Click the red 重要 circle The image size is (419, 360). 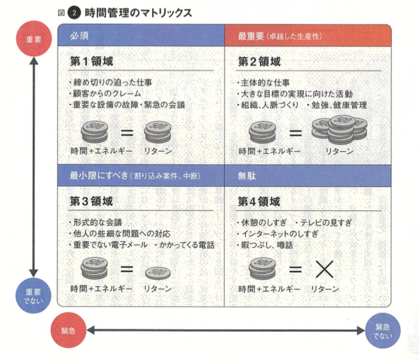[x=34, y=39]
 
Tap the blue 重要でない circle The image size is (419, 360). [x=34, y=296]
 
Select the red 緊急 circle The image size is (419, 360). [x=68, y=331]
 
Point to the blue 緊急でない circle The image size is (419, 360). [x=383, y=331]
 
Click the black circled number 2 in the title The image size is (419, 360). [x=74, y=13]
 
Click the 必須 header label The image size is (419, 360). [x=79, y=36]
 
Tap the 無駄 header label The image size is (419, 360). [x=247, y=176]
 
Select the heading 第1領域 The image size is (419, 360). [x=91, y=61]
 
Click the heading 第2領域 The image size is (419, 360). [x=259, y=62]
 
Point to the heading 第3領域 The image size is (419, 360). [x=91, y=201]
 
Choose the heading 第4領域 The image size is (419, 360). [x=259, y=201]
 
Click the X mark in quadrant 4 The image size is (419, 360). [x=324, y=269]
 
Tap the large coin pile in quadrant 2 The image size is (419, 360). [x=339, y=129]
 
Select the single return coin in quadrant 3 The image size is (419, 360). [x=158, y=273]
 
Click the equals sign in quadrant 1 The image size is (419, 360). [x=127, y=132]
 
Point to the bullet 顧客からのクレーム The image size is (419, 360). [x=105, y=94]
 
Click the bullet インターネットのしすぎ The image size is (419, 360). [x=278, y=234]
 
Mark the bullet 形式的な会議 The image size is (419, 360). [x=96, y=222]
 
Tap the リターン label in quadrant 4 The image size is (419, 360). [x=325, y=289]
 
